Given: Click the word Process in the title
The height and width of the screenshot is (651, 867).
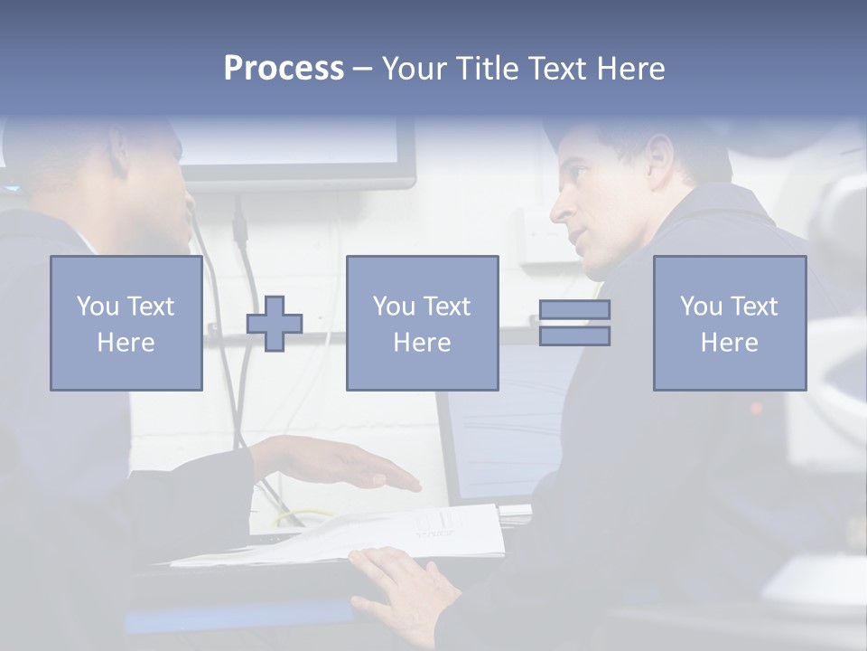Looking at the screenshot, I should coord(284,69).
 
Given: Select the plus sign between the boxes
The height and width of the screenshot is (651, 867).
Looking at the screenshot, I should coord(275,324).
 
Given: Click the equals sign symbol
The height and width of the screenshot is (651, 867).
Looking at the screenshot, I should coord(574,323).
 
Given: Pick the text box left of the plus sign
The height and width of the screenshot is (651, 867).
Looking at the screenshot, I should coord(126,323).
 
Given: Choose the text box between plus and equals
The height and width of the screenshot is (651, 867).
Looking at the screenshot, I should coord(422,323).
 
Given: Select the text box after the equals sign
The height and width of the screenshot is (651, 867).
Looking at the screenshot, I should coord(729,323).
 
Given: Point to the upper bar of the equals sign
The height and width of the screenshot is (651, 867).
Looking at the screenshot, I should coord(574,310).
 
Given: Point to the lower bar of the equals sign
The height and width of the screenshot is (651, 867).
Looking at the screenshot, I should coord(574,335).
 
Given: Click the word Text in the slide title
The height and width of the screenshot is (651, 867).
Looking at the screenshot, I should coord(555,69).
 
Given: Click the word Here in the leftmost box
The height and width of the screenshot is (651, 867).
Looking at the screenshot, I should coord(126,342).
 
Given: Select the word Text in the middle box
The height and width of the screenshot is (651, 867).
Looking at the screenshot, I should coord(446,307).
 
